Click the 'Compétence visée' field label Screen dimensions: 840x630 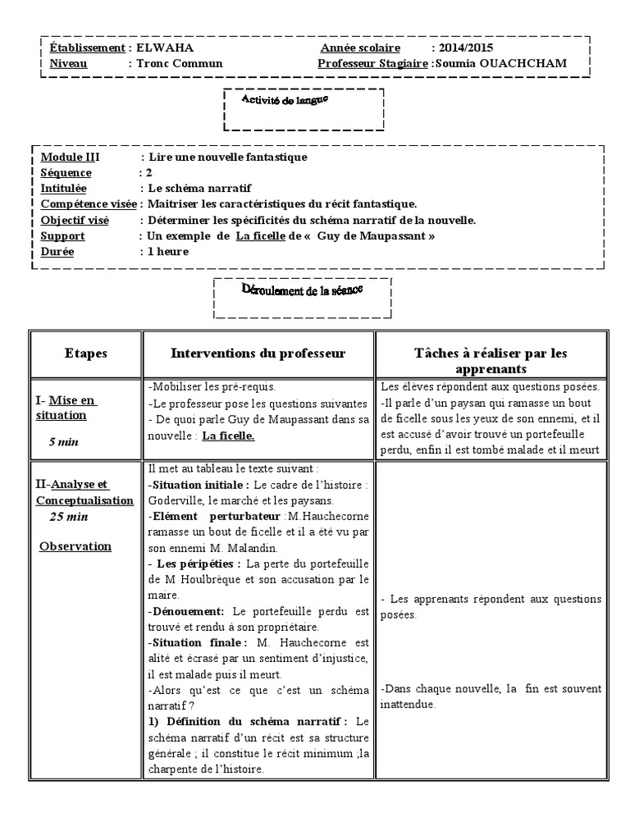(89, 204)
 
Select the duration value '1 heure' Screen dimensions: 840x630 (167, 251)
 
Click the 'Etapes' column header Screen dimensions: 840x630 (85, 353)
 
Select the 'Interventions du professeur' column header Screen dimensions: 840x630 (258, 353)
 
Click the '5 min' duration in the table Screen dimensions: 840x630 (65, 442)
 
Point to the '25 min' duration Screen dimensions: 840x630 (69, 517)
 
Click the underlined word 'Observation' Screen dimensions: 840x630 (75, 546)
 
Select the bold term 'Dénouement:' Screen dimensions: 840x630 (188, 611)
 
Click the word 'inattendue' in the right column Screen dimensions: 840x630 (409, 705)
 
